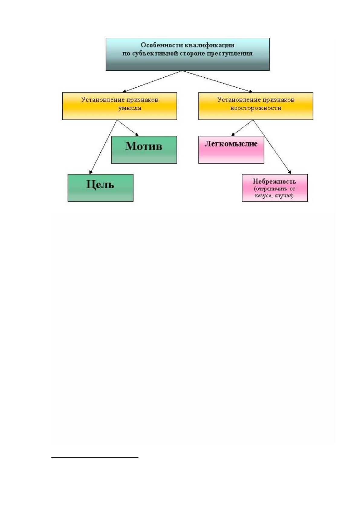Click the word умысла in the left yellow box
[130, 108]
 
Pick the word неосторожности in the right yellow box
[256, 108]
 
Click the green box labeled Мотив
[144, 150]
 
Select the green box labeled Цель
[100, 188]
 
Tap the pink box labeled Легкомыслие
[231, 150]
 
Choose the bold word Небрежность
[274, 181]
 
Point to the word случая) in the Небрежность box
[284, 196]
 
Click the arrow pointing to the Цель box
[103, 147]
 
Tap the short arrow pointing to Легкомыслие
[242, 128]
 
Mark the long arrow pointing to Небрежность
[272, 147]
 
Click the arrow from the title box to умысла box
[152, 81]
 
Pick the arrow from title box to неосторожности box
[217, 81]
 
